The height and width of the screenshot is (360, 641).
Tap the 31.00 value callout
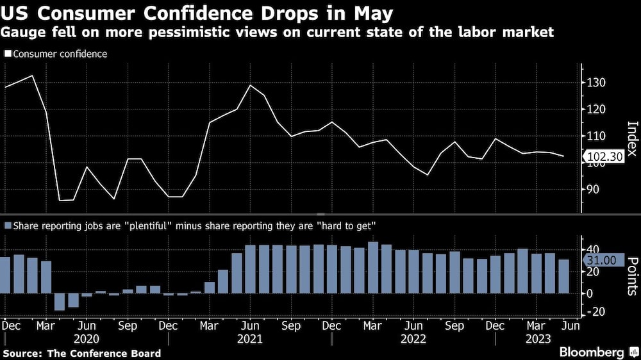(x=601, y=260)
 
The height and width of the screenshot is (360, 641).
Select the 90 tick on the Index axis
(x=593, y=190)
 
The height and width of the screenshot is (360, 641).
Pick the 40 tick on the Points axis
(x=593, y=249)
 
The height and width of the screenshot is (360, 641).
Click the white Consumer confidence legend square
(x=8, y=54)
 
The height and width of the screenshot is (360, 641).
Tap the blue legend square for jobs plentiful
(x=8, y=225)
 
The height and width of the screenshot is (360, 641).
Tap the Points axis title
(x=632, y=275)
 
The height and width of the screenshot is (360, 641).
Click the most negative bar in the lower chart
(x=60, y=302)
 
